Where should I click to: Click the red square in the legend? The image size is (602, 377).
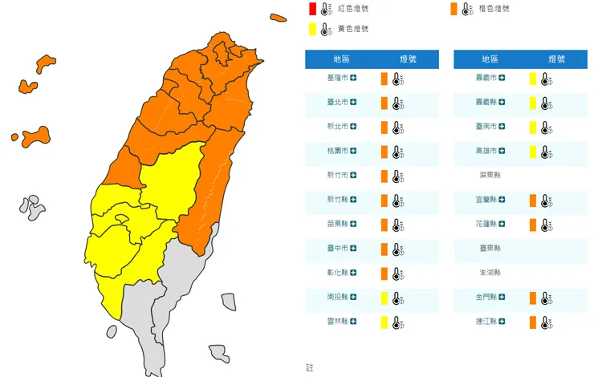point(311,9)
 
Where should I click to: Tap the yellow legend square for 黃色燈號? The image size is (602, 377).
point(311,30)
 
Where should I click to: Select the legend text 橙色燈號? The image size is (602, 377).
point(494,9)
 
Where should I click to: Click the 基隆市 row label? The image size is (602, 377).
point(338,79)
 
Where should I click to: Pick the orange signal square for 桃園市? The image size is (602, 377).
point(384,152)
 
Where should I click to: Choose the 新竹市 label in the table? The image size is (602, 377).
point(338,176)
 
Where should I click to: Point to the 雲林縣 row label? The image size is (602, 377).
point(338,322)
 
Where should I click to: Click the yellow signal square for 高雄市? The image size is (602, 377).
point(532,152)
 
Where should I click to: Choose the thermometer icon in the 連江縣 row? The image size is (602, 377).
point(546,322)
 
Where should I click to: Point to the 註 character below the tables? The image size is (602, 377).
point(310,367)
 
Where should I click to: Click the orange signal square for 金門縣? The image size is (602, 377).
point(532,298)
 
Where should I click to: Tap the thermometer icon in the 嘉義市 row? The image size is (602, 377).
point(546,79)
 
